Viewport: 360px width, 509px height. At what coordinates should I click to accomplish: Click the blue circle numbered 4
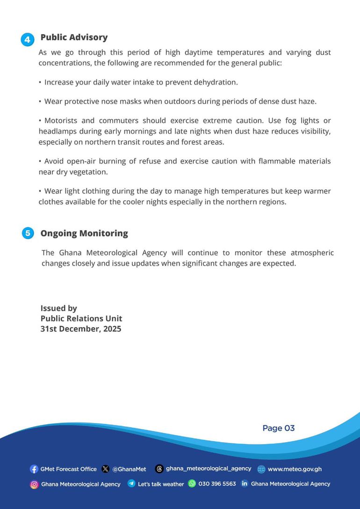(27, 40)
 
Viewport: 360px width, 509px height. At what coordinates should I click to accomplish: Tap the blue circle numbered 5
(28, 233)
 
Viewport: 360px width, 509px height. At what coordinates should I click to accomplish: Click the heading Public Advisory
(74, 37)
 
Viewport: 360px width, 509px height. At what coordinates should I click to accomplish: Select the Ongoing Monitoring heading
(84, 233)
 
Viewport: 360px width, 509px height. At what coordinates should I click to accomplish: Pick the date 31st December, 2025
(81, 329)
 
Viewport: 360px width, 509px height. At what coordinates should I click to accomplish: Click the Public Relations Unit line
(81, 318)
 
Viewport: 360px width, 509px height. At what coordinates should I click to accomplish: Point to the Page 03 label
(279, 428)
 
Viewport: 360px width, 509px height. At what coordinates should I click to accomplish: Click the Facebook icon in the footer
(34, 469)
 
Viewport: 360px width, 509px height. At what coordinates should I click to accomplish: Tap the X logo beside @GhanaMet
(105, 469)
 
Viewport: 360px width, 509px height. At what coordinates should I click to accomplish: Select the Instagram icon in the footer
(34, 484)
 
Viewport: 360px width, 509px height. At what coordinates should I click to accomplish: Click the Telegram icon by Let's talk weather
(131, 484)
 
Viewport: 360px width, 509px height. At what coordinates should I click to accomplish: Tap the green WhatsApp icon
(192, 484)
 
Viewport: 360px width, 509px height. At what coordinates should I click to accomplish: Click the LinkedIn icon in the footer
(245, 484)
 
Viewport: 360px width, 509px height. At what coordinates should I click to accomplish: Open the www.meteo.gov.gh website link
(295, 469)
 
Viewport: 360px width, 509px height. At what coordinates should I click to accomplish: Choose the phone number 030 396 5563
(217, 484)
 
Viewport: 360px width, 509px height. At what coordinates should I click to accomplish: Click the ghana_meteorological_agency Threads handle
(209, 469)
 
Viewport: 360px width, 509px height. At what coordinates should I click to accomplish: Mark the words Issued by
(59, 308)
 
